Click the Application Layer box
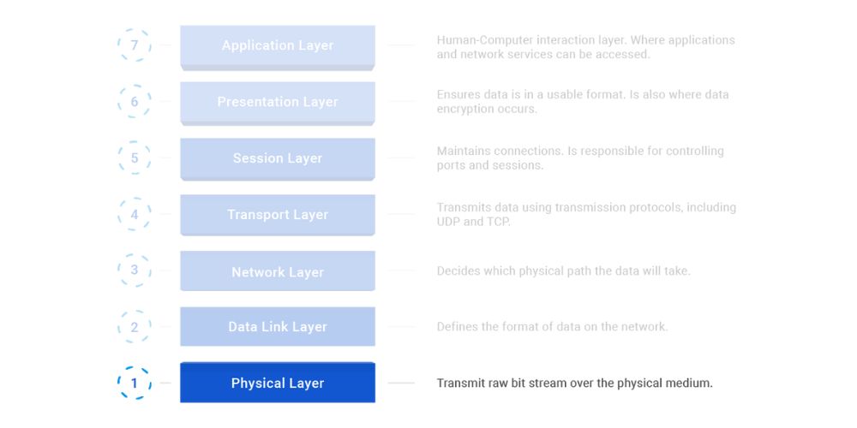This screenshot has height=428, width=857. [x=277, y=46]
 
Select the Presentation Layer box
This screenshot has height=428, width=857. [x=277, y=102]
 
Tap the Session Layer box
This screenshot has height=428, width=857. [x=277, y=158]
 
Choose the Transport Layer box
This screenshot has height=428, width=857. [x=277, y=215]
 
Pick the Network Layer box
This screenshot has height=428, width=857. [x=277, y=271]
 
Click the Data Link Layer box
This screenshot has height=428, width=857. [x=277, y=327]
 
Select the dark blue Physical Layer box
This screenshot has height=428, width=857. [x=277, y=383]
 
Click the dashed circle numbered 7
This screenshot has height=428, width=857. [x=135, y=45]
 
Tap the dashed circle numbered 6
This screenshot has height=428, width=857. [x=135, y=102]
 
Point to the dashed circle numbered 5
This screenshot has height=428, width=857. [x=135, y=158]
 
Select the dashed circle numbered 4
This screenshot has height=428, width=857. [x=135, y=215]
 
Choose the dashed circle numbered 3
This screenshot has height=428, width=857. [x=135, y=270]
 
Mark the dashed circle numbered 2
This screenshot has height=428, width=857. [x=135, y=327]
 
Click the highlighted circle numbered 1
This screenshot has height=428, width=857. [x=135, y=383]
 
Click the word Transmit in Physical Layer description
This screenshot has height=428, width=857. [x=461, y=383]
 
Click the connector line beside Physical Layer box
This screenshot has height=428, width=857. [x=401, y=383]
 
